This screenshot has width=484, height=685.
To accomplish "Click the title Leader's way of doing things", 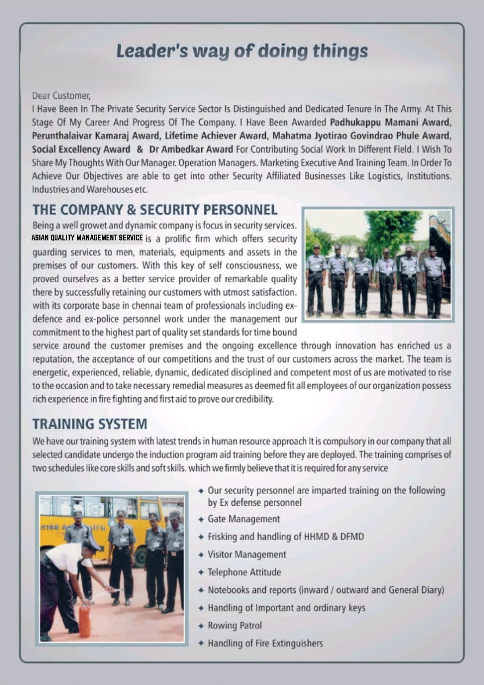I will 242,52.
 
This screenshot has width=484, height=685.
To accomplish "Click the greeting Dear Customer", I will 61,96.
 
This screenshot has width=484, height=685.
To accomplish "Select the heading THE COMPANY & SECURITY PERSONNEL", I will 155,210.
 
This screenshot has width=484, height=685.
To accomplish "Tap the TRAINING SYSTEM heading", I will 90,424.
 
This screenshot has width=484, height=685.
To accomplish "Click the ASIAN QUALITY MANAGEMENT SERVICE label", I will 87,238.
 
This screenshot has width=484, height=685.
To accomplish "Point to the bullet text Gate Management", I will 244,519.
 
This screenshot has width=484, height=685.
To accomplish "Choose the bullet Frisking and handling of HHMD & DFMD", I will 285,537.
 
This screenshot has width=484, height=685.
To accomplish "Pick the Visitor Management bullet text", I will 247,554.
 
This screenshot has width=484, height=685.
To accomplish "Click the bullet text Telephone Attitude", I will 244,572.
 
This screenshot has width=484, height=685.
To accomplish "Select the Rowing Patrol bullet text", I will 234,625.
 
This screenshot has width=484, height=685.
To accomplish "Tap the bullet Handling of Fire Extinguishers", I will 265,643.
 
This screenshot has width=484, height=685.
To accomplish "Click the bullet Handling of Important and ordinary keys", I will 286,608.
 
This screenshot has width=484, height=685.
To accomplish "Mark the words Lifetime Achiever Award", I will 216,136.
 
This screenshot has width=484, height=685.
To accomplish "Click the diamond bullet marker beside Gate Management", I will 201,520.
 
